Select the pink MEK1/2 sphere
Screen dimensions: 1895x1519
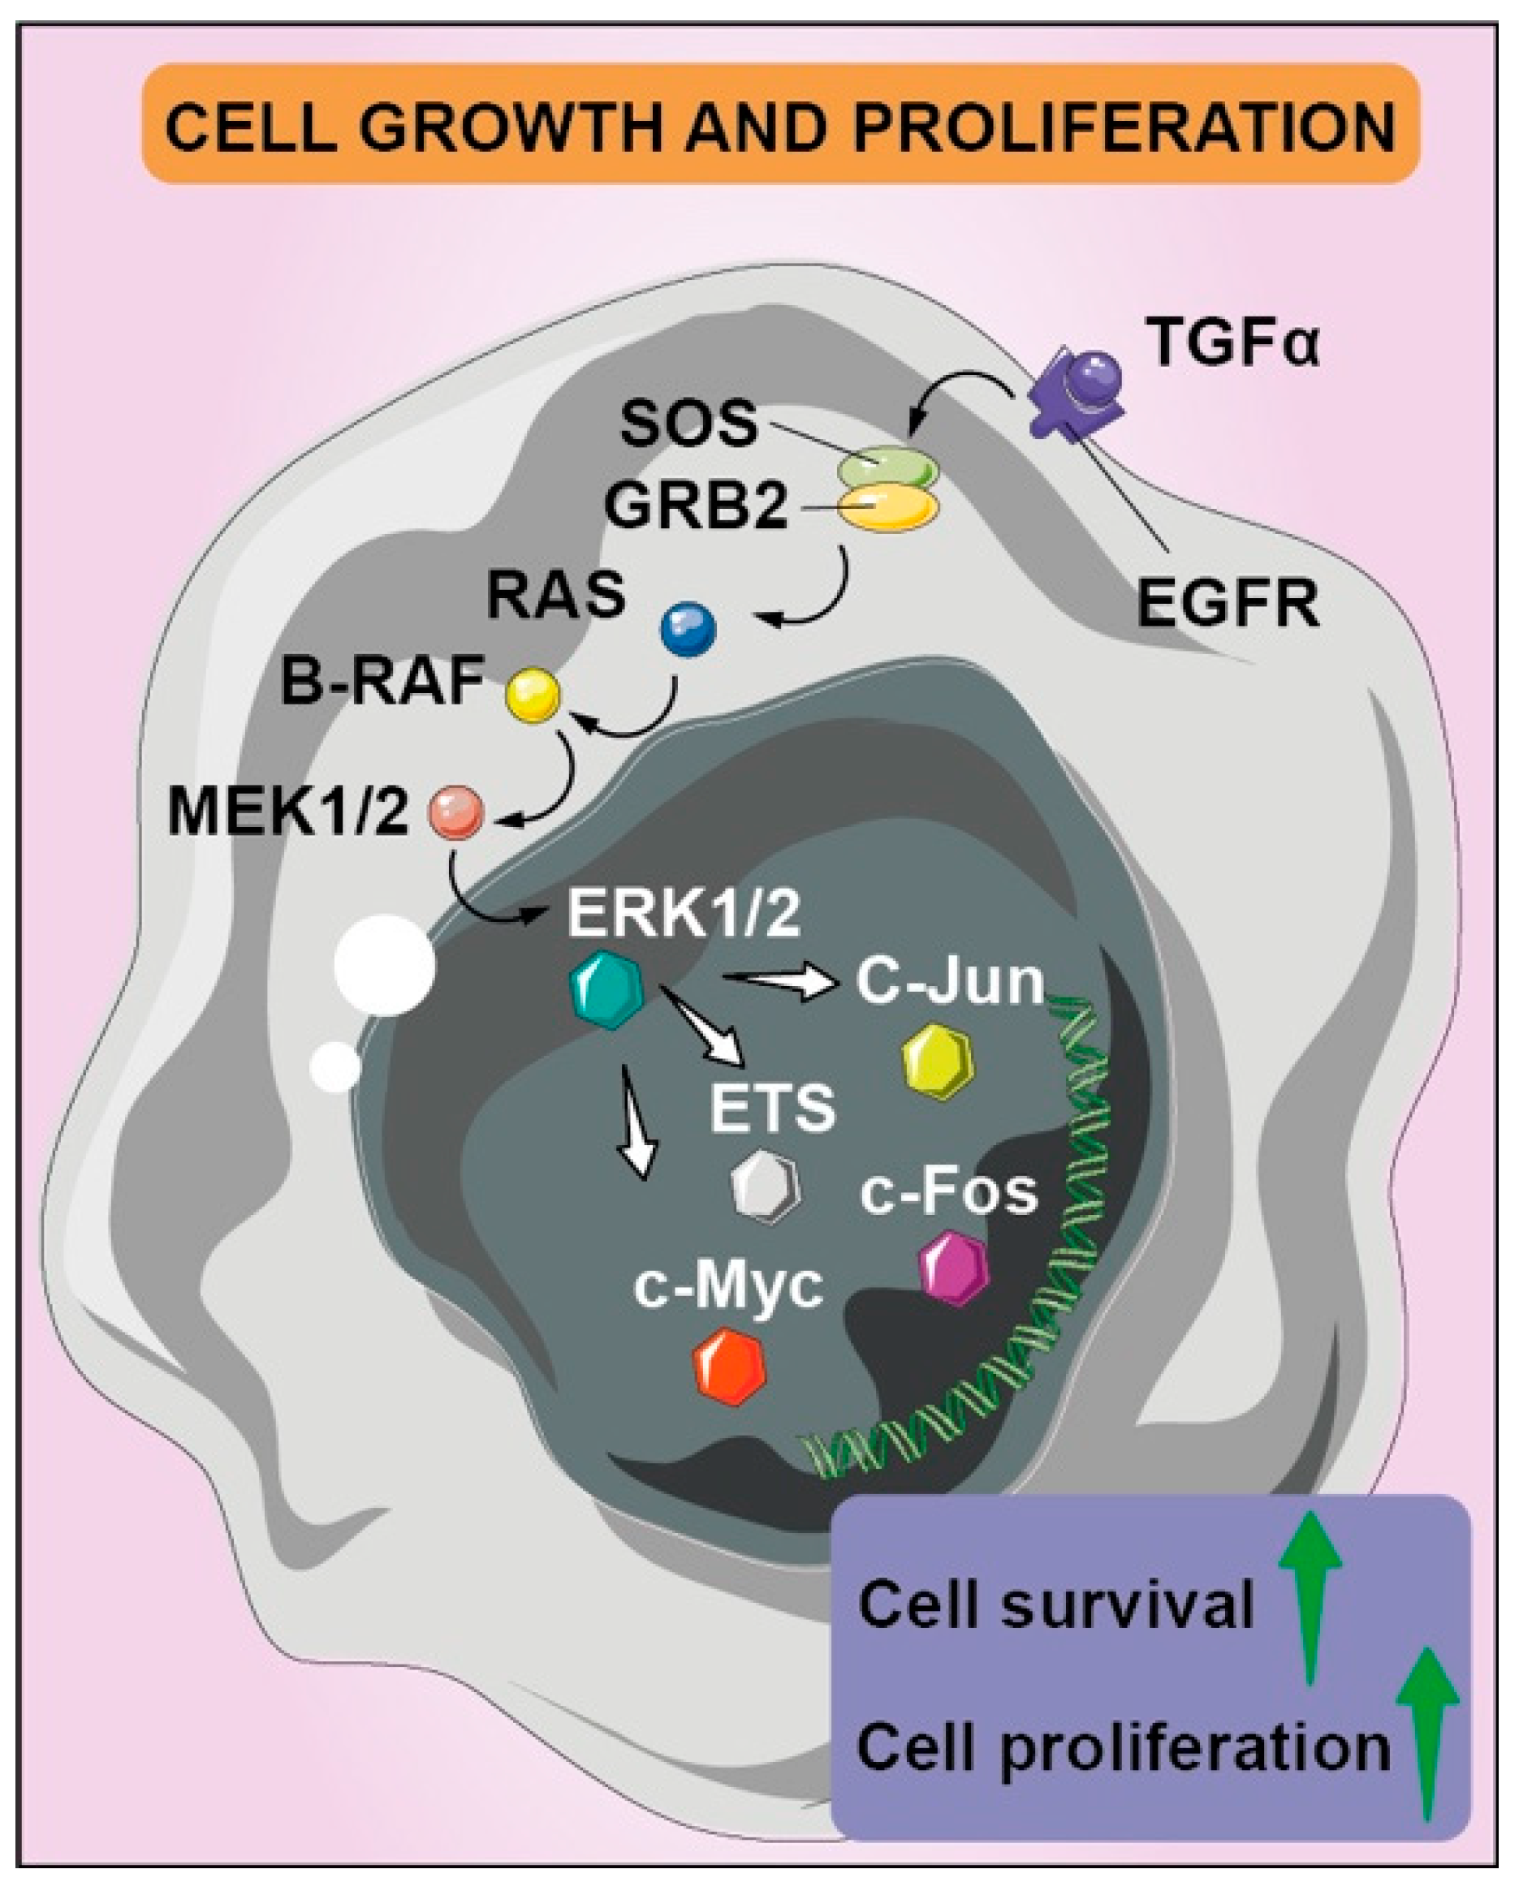(x=455, y=812)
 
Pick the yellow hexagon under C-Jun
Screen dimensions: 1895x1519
(x=939, y=1061)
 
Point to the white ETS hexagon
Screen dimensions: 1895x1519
(x=766, y=1187)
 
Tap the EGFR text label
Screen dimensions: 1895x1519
(x=1228, y=605)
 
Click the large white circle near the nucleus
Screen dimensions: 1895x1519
(x=384, y=965)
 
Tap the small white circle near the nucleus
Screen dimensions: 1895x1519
(x=336, y=1067)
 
